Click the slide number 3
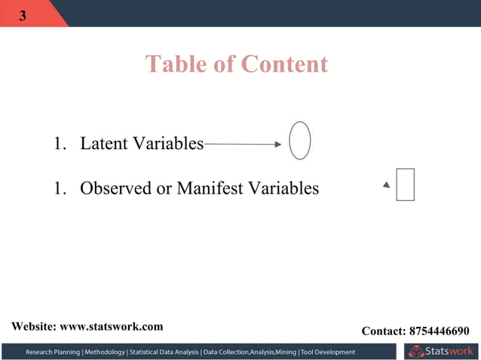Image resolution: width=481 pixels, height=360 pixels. (x=22, y=16)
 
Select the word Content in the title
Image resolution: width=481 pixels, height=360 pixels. (x=284, y=64)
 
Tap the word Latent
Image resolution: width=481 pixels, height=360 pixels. (x=104, y=143)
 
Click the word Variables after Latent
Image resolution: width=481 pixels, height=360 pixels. (x=168, y=143)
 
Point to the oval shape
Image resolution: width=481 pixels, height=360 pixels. (x=300, y=140)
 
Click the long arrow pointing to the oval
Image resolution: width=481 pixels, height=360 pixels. (x=243, y=144)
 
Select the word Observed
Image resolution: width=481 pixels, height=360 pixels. (x=116, y=188)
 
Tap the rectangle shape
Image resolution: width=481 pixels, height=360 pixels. (x=406, y=185)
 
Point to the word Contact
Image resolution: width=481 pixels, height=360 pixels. (x=384, y=331)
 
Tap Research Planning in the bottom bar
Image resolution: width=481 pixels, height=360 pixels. (x=54, y=352)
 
